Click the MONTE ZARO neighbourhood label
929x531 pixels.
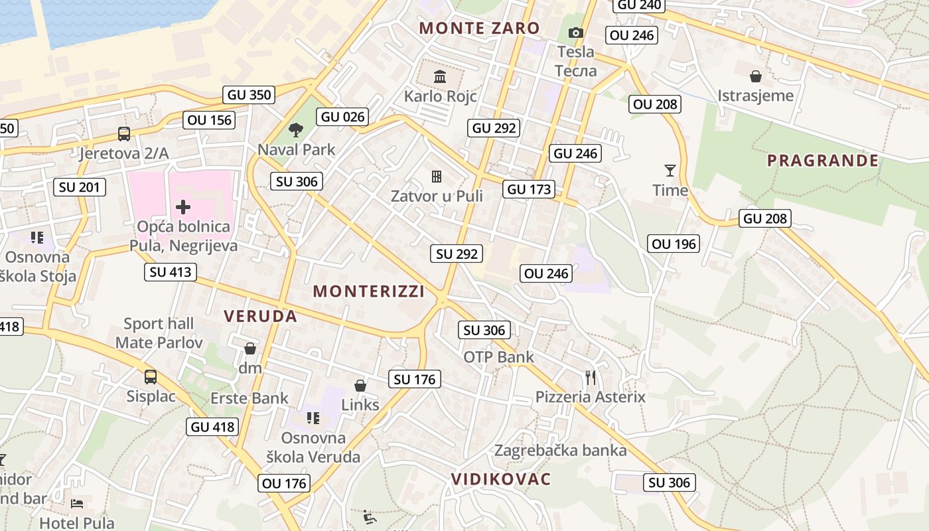tap(479, 28)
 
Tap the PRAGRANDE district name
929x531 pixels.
tap(823, 161)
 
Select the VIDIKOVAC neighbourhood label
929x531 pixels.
tap(501, 479)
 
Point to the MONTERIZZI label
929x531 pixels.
tap(368, 291)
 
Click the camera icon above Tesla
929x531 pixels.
tap(575, 33)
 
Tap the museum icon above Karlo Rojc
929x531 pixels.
tap(439, 77)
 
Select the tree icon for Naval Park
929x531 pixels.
tap(296, 130)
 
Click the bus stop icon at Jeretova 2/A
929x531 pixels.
tap(124, 134)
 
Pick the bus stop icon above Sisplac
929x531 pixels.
tap(151, 377)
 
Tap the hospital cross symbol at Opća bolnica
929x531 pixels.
tap(183, 207)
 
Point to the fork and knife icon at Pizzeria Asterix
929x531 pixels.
tap(590, 378)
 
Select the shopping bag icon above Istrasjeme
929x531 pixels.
tap(755, 76)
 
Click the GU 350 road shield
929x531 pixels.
tap(249, 95)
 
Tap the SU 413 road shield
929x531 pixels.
tap(171, 271)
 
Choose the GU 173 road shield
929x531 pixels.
tap(528, 189)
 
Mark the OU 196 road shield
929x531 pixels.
tap(674, 244)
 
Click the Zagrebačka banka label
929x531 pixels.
tap(560, 451)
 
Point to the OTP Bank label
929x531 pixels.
tap(498, 357)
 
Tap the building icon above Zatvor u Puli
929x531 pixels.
tap(437, 177)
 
